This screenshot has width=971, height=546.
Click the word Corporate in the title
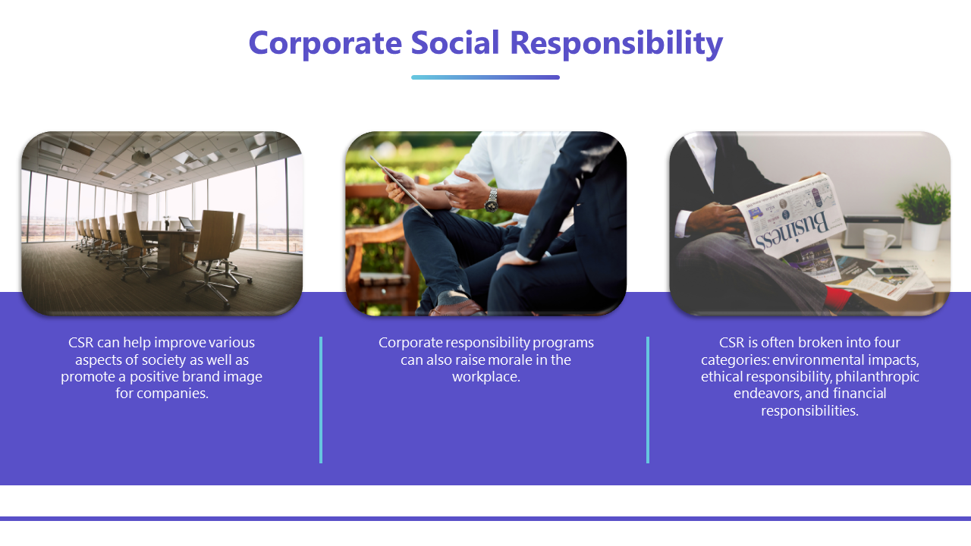click(325, 43)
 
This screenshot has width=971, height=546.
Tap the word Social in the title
click(455, 42)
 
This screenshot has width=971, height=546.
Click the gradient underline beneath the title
click(485, 77)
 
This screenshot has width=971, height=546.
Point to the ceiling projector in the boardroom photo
click(141, 156)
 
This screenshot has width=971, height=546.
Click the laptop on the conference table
click(187, 224)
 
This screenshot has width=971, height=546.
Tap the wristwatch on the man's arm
click(491, 200)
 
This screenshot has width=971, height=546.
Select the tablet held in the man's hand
click(401, 187)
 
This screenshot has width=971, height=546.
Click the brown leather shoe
click(456, 309)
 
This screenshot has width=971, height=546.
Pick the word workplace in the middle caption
click(485, 377)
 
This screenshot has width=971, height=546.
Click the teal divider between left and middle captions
click(321, 400)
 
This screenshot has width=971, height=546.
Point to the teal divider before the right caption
click(648, 400)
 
